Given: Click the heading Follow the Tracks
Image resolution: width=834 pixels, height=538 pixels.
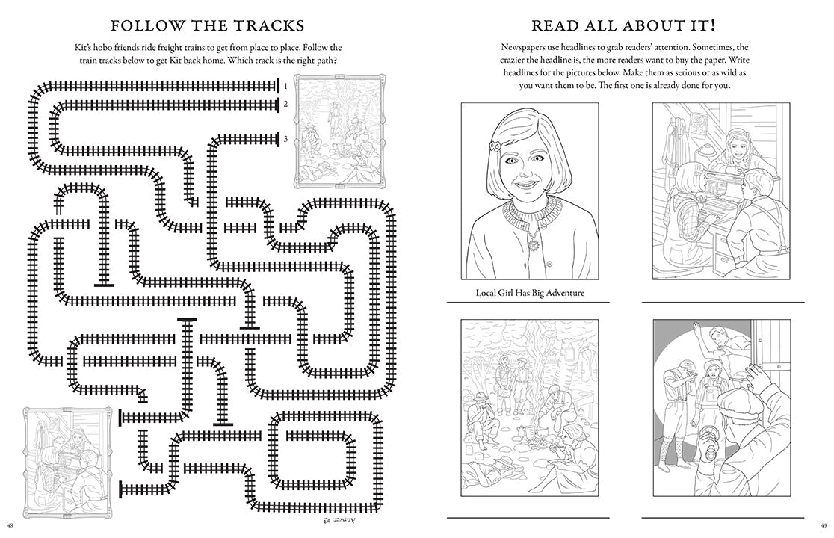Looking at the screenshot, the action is pos(208,25).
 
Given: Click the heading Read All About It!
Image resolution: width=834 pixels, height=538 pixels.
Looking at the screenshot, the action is pos(623,25).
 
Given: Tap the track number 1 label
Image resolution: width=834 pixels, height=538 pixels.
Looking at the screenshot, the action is pos(285,86).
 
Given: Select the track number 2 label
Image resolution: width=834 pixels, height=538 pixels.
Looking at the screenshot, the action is pos(285,104).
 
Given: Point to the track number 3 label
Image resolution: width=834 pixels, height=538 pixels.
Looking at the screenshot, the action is pos(285,139).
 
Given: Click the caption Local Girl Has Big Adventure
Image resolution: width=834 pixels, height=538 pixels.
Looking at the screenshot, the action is pos(530,293).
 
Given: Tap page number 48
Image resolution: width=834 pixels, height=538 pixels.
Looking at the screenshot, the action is pos(10,526).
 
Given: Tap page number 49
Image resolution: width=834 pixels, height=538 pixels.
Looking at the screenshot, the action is pos(824,526).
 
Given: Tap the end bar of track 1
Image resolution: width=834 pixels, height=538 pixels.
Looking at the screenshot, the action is pos(278,86).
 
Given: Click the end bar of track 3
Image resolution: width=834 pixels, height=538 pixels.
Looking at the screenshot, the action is pos(278,139).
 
